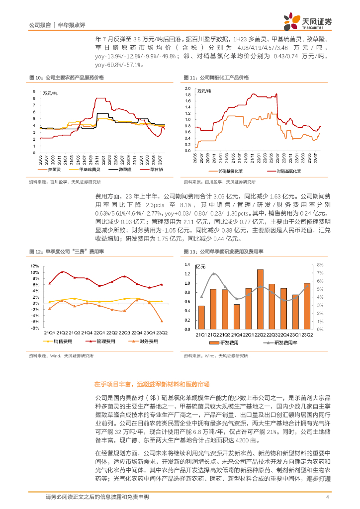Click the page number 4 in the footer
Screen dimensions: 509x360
[x=327, y=497]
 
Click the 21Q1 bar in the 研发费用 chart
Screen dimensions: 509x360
[x=201, y=317]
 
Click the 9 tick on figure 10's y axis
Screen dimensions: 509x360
[x=34, y=91]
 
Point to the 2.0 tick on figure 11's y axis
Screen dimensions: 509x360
[x=188, y=87]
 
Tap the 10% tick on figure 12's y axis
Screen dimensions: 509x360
[x=34, y=272]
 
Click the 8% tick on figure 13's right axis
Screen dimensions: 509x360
[x=321, y=265]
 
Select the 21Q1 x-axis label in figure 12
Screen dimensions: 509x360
[x=49, y=333]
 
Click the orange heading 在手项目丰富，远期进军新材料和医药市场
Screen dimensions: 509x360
[x=152, y=385]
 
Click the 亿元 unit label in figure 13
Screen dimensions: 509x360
[x=200, y=266]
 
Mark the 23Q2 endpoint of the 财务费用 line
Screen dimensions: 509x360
[x=161, y=321]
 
